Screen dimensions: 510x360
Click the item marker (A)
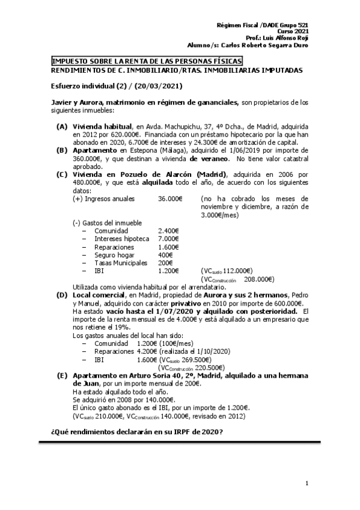tap(62, 127)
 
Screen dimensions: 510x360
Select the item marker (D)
tap(62, 295)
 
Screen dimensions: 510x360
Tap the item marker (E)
tap(62, 375)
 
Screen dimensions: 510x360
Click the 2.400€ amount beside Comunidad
tap(168, 230)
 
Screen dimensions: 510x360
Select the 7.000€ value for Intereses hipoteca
tap(168, 239)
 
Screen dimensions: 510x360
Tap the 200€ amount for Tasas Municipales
tap(165, 263)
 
